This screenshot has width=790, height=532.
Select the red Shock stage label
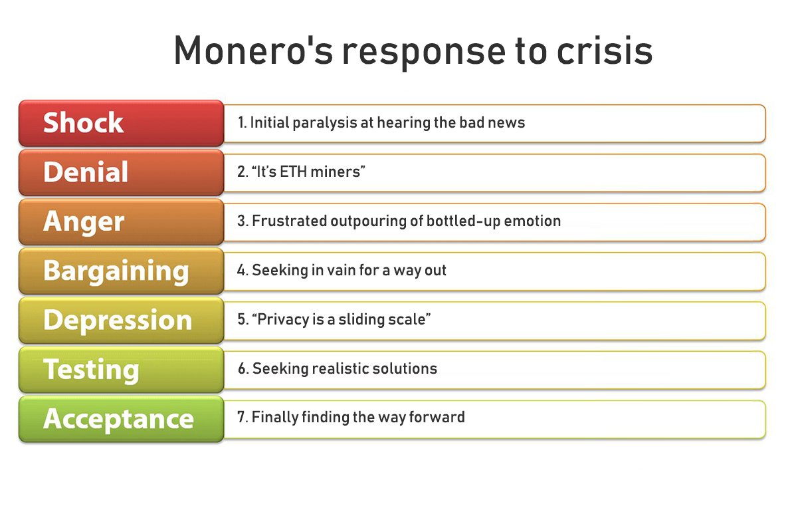click(x=84, y=123)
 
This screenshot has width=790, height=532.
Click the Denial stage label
click(x=86, y=172)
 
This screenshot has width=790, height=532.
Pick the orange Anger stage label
click(x=84, y=221)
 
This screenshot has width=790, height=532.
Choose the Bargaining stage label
click(x=116, y=271)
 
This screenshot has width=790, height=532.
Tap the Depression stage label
click(x=118, y=320)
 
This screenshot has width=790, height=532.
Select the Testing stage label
click(x=91, y=369)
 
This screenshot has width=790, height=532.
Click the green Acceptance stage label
click(x=118, y=418)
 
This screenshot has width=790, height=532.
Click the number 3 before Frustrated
click(x=242, y=221)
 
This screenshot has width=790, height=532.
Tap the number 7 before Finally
click(x=242, y=418)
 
